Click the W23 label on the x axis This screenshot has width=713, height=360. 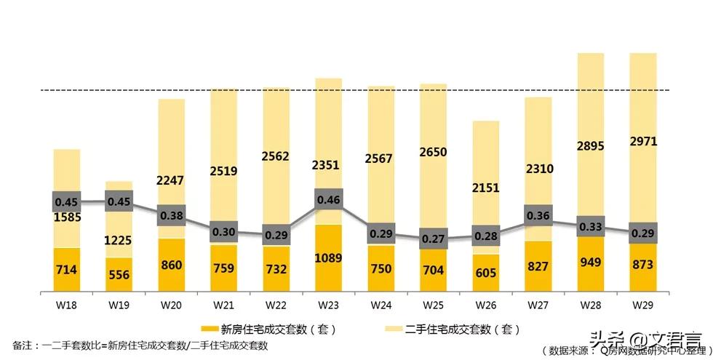(327, 305)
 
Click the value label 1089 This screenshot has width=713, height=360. (328, 257)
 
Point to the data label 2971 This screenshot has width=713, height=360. (642, 141)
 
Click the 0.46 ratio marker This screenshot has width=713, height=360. (328, 199)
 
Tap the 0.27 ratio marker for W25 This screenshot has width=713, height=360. (433, 237)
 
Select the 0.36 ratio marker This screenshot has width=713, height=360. (538, 215)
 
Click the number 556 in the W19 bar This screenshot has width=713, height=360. (119, 274)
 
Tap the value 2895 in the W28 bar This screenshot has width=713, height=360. (590, 145)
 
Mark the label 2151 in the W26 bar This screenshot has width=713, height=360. (485, 187)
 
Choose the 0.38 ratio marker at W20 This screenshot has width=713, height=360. (171, 215)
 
